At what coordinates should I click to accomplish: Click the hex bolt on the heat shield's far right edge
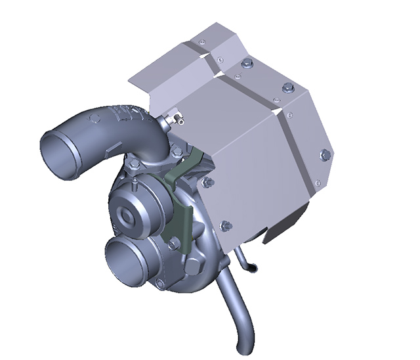tap(324, 154)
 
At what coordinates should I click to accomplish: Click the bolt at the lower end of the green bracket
tap(174, 243)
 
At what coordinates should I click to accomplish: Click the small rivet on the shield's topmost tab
tap(201, 42)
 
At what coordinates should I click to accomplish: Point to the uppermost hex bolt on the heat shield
tap(247, 63)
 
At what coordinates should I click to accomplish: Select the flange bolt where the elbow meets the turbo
tap(175, 150)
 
